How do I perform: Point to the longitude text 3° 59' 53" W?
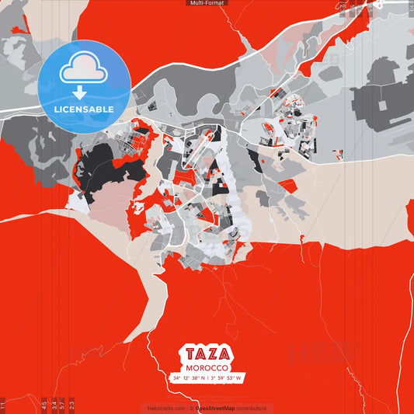coord(226,378)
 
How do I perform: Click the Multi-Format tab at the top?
coord(207,3)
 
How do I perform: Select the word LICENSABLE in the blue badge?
coord(84,110)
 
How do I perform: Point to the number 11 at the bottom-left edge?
coord(3,405)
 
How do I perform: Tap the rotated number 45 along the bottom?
coord(44,405)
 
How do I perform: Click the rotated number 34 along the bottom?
coord(54,405)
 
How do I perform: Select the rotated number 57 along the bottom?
coord(62,405)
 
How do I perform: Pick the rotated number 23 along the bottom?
coord(71,405)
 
